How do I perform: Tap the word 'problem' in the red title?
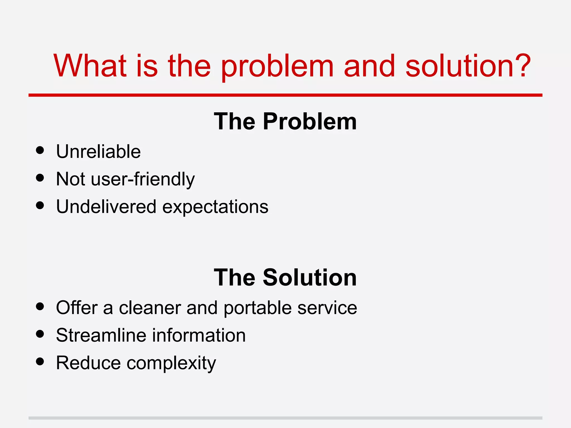[x=277, y=67]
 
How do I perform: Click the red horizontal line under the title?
[x=285, y=95]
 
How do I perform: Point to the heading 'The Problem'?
[x=285, y=121]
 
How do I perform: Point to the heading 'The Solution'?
[x=285, y=278]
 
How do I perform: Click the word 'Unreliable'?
[x=98, y=152]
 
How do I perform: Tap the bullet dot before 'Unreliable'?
[x=40, y=150]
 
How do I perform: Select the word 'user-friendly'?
[x=143, y=179]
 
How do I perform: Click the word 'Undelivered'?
[x=106, y=207]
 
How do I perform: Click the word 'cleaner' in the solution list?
[x=150, y=308]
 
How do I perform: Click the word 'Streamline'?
[x=101, y=335]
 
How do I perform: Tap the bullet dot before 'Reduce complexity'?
[x=40, y=361]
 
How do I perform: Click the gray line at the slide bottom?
[x=285, y=418]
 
